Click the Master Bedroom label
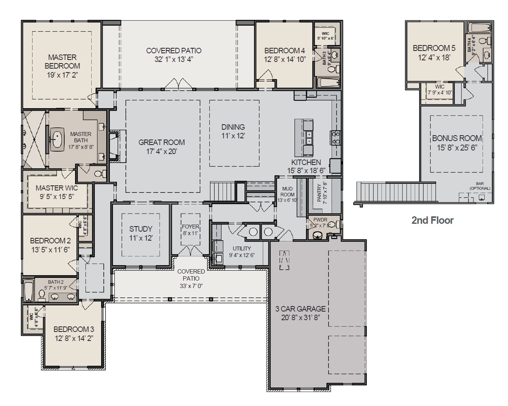(x=62, y=62)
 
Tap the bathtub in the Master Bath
(x=57, y=139)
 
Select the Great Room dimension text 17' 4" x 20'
(x=162, y=151)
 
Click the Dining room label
(x=233, y=127)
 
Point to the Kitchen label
(x=306, y=162)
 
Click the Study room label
(x=141, y=229)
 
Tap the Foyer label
(x=190, y=227)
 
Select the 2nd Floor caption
(x=432, y=220)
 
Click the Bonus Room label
(x=457, y=138)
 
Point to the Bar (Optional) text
(x=480, y=186)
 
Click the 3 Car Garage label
(x=301, y=309)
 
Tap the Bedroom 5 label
(x=434, y=48)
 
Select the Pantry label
(x=319, y=192)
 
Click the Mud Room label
(x=287, y=192)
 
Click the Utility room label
(x=241, y=248)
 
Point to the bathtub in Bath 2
(x=28, y=290)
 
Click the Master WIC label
(x=57, y=188)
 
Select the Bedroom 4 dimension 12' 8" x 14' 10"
(x=285, y=59)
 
